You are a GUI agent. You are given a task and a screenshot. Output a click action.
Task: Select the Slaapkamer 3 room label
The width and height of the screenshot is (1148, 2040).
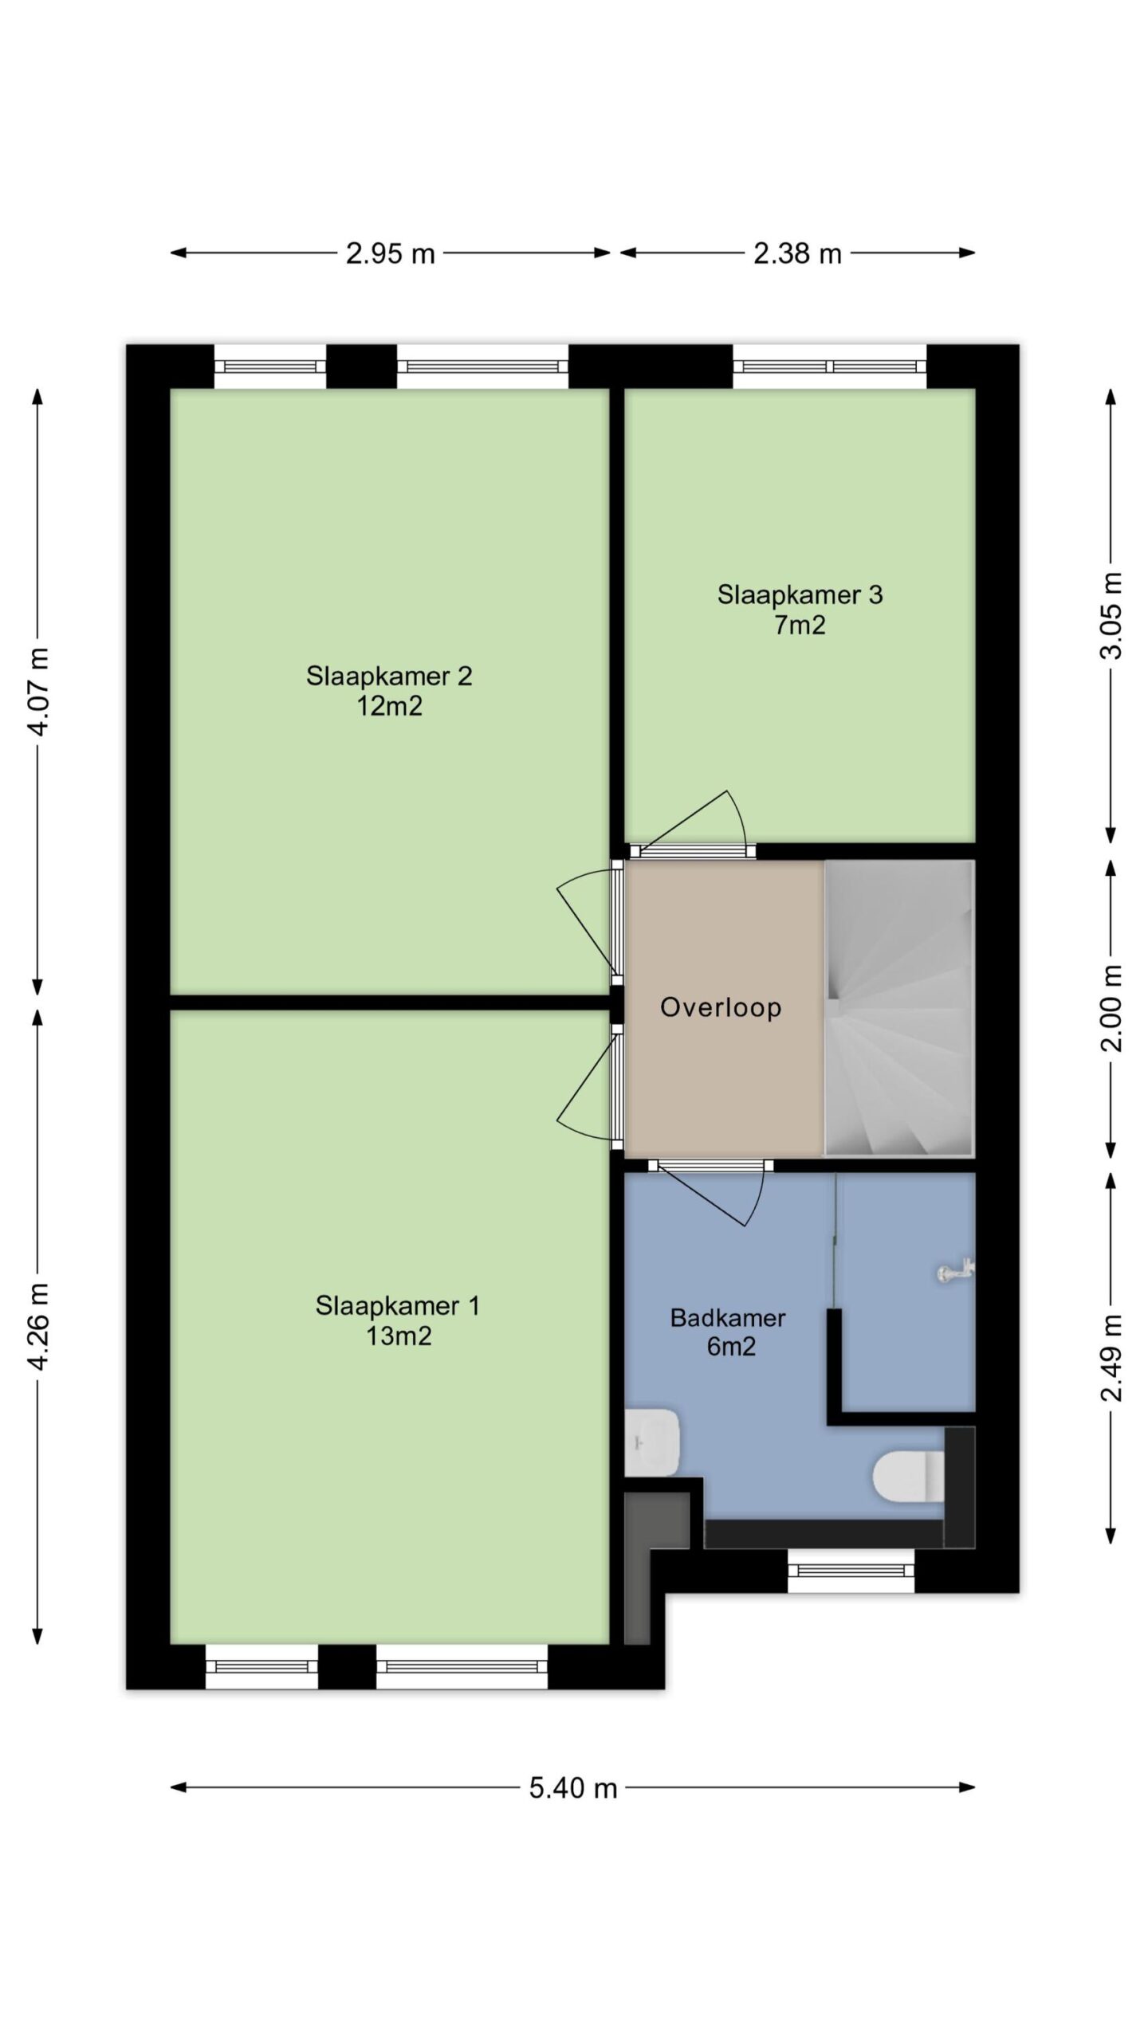point(800,594)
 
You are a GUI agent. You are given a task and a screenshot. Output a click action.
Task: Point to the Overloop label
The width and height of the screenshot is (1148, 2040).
point(721,1007)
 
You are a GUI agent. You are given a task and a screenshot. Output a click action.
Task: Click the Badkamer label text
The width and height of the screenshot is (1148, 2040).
point(728,1318)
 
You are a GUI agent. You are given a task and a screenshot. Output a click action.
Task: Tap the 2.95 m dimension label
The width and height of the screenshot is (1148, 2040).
point(391,253)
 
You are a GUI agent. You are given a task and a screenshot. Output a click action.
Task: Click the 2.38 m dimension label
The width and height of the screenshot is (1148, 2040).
point(798,253)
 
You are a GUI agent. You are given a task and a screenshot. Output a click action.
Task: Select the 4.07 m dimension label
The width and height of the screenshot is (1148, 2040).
point(38,692)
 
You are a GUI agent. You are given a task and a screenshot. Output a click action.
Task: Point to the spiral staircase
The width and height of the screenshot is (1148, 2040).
point(899,1008)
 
